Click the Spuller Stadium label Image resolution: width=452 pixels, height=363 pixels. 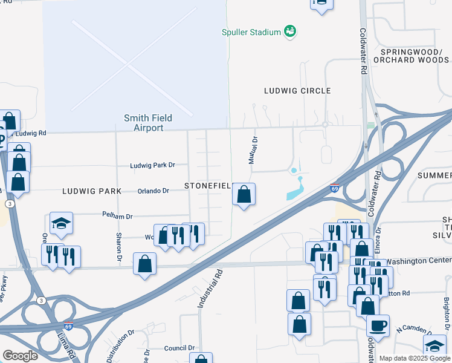251,31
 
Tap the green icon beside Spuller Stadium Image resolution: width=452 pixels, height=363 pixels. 290,31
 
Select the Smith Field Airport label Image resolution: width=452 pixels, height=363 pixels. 144,123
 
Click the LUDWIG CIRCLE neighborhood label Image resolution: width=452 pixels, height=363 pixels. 297,91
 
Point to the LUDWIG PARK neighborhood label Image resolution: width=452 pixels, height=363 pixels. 92,191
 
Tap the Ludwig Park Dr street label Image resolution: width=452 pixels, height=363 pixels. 152,165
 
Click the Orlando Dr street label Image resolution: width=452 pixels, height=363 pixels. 153,191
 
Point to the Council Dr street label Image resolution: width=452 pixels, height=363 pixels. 179,348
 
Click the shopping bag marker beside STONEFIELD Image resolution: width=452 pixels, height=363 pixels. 244,195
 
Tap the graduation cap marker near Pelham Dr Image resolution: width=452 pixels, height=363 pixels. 61,224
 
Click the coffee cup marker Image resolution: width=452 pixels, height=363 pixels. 378,326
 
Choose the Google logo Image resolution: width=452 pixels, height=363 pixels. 20,355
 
